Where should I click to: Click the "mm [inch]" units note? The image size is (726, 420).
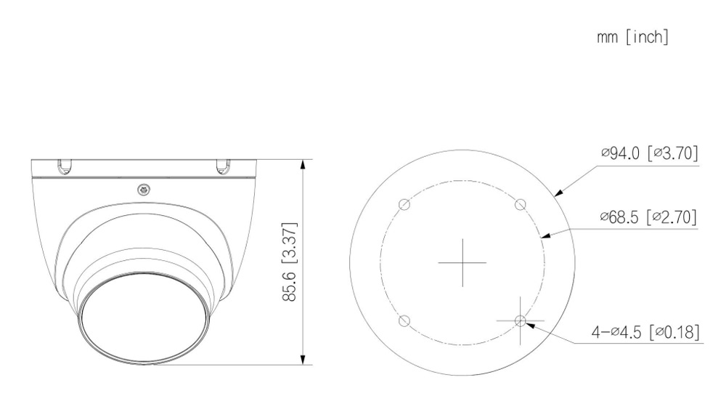(x=633, y=37)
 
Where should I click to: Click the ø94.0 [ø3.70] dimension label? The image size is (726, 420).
(x=650, y=153)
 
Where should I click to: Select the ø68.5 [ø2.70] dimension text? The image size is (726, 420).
(x=648, y=217)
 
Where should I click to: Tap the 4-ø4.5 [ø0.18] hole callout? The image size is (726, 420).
(x=645, y=332)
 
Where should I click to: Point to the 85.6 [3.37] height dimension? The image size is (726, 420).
(x=290, y=262)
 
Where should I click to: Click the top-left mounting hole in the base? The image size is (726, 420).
(x=404, y=204)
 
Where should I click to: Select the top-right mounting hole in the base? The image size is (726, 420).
(x=521, y=204)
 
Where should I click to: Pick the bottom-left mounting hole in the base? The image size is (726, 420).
(x=404, y=320)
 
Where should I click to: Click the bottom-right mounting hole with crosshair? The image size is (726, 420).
(x=521, y=320)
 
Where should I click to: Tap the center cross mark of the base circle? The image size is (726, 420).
(x=462, y=262)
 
